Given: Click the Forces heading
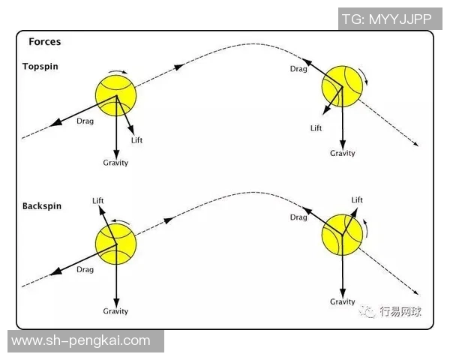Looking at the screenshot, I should [x=44, y=42].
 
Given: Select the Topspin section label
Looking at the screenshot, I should [x=40, y=67].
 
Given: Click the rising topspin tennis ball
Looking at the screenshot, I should [x=117, y=94].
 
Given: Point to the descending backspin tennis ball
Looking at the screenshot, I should [x=342, y=233].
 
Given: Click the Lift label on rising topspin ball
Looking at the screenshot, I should [x=136, y=140].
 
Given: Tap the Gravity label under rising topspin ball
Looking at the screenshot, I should [x=115, y=163].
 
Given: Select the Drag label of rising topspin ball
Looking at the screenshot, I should [x=85, y=121].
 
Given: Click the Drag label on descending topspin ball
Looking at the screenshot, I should [x=298, y=69].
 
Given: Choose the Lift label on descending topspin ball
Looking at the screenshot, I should [x=316, y=128].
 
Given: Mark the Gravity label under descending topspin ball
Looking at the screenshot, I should [x=343, y=154].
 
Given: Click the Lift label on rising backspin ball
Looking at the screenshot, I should [x=98, y=201].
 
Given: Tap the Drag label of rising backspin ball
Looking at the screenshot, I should [x=85, y=270].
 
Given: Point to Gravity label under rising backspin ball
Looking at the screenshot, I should [x=115, y=311].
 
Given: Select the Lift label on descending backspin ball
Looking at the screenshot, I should [x=357, y=200].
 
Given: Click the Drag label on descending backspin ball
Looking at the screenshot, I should [x=298, y=217].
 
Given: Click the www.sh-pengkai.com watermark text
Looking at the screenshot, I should [x=81, y=340].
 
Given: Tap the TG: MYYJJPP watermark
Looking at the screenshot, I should [x=385, y=19].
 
